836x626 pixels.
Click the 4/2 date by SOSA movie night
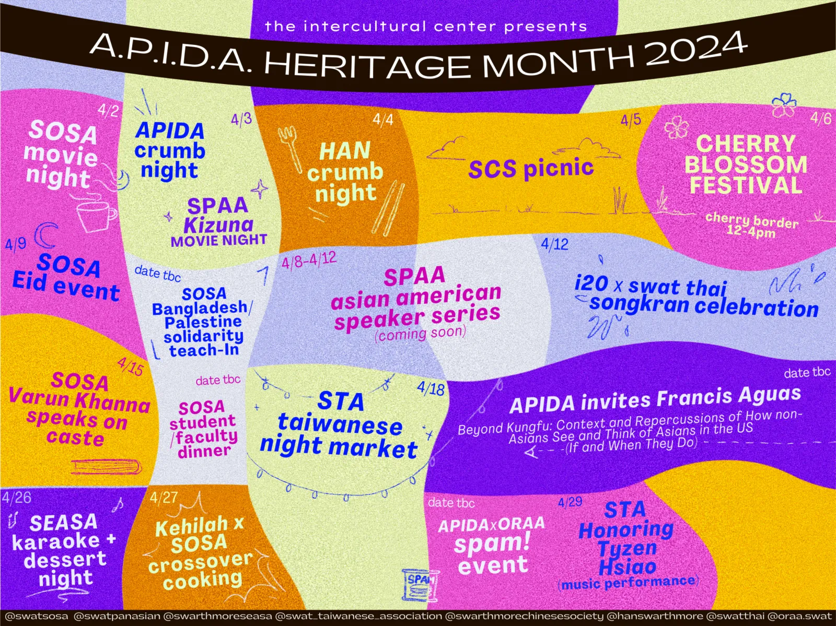(x=109, y=111)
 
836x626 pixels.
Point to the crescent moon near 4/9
(x=45, y=235)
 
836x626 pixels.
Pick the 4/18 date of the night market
(x=431, y=388)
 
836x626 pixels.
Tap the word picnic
(x=559, y=168)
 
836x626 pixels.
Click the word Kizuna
(x=218, y=225)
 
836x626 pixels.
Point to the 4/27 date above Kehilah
(x=164, y=498)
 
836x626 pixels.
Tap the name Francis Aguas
(x=728, y=396)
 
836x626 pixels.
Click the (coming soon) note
(x=421, y=334)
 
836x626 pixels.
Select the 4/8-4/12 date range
(x=309, y=260)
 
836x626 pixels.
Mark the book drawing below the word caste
(x=107, y=467)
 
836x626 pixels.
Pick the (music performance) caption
(x=629, y=583)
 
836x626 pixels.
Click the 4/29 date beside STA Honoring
(x=570, y=502)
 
